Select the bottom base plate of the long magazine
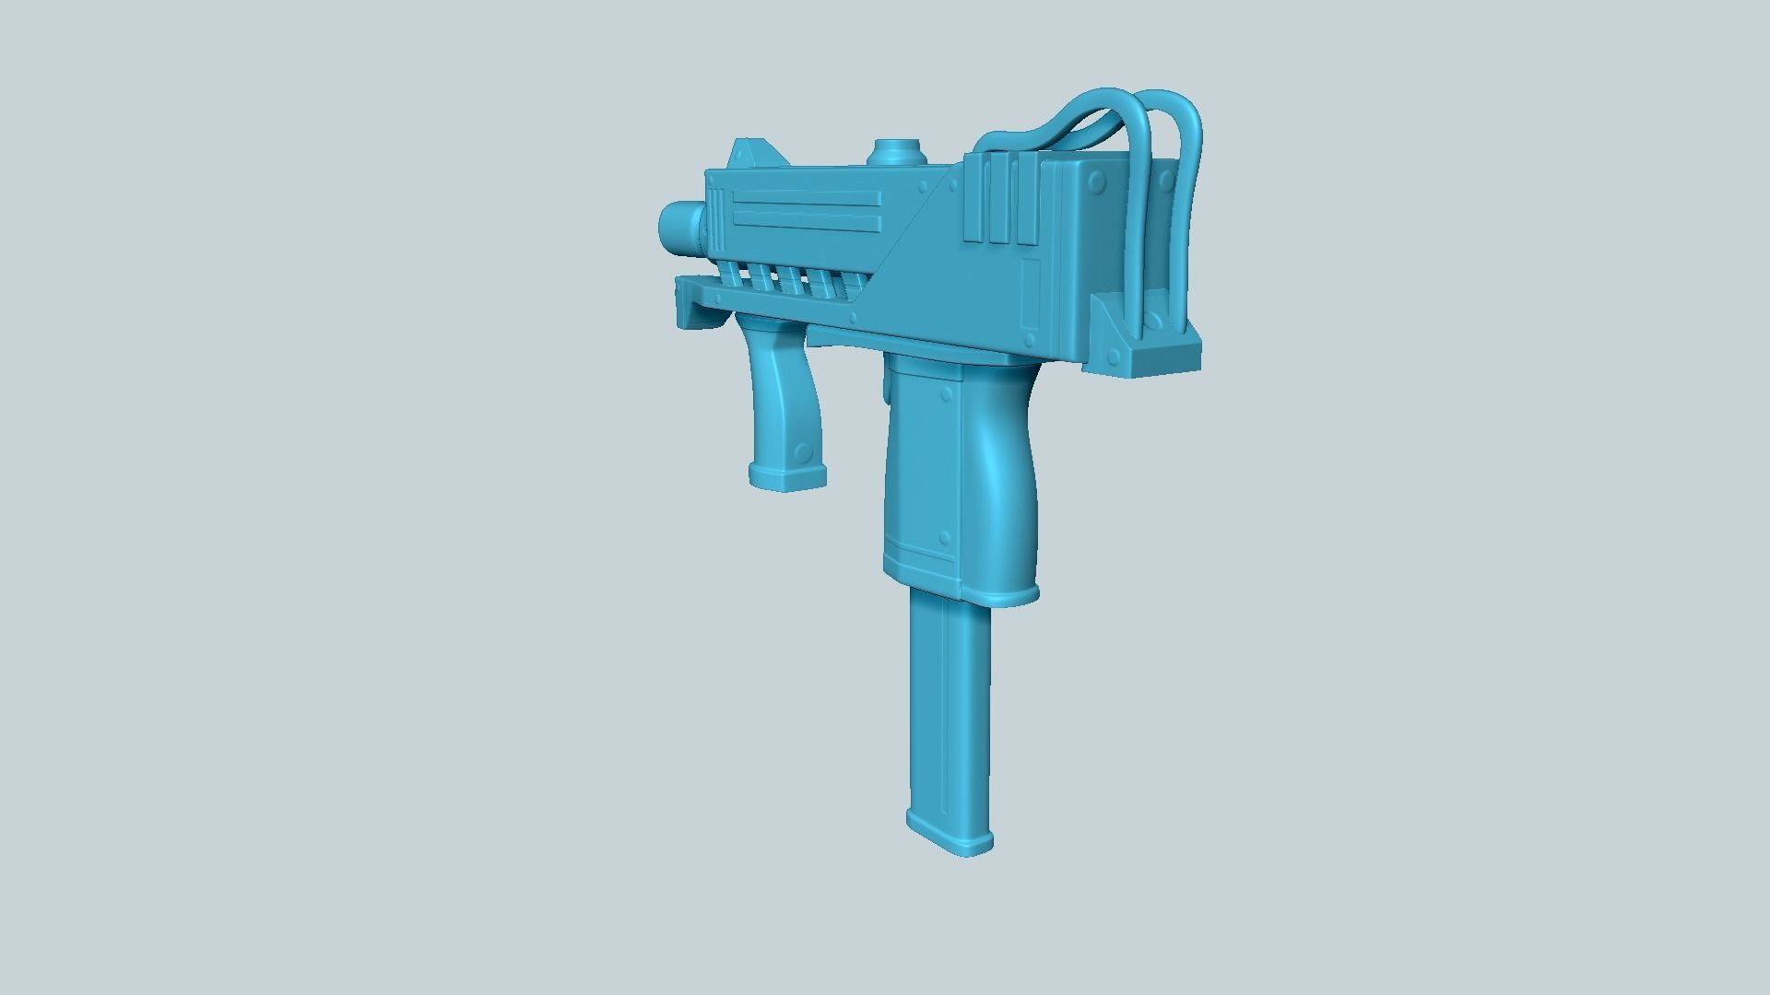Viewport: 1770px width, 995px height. point(950,833)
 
